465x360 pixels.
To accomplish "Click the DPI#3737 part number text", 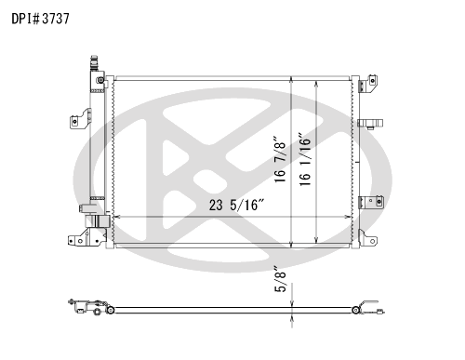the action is pyautogui.click(x=40, y=19).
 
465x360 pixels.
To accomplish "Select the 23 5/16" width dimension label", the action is pyautogui.click(x=236, y=205).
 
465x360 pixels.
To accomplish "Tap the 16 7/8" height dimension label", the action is pyautogui.click(x=280, y=158).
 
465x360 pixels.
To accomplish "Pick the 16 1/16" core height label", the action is pyautogui.click(x=305, y=160).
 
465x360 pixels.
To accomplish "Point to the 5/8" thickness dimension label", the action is pyautogui.click(x=280, y=279).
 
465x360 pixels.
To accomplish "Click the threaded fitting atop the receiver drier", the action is pyautogui.click(x=94, y=63).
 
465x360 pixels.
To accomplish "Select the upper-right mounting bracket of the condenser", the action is pyautogui.click(x=368, y=83).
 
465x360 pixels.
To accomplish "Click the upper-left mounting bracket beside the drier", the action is pyautogui.click(x=80, y=118).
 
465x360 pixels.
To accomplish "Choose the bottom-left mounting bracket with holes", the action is pyautogui.click(x=86, y=237).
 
